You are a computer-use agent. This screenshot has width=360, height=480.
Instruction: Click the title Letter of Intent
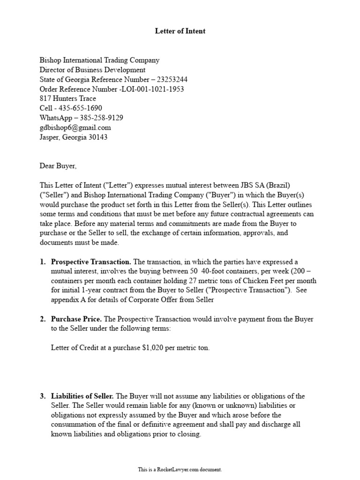click(x=180, y=31)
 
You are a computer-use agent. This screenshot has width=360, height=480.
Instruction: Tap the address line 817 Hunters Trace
click(x=68, y=98)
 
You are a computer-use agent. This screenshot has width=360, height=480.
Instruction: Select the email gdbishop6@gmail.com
click(x=75, y=127)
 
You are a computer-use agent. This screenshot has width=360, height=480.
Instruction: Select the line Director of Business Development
click(x=92, y=70)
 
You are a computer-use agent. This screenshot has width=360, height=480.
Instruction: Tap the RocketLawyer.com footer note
click(x=180, y=469)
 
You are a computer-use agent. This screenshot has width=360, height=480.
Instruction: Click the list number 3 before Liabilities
click(x=43, y=396)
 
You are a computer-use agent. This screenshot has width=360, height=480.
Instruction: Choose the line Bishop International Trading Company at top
click(x=99, y=60)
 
